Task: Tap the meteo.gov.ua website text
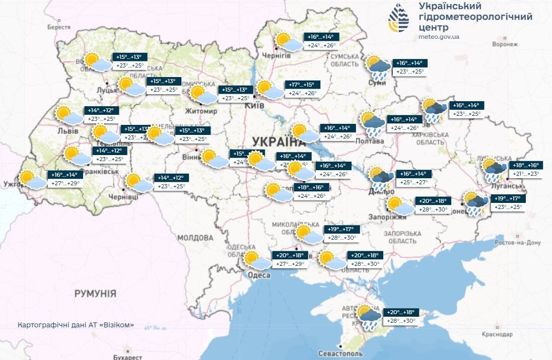click(x=439, y=37)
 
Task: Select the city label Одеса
click(x=258, y=275)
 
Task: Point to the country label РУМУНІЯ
click(x=95, y=293)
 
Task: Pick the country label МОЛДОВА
click(x=195, y=237)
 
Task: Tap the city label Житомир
click(x=201, y=111)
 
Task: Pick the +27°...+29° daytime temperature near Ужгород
click(x=65, y=184)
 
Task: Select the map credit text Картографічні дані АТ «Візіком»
click(x=76, y=325)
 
